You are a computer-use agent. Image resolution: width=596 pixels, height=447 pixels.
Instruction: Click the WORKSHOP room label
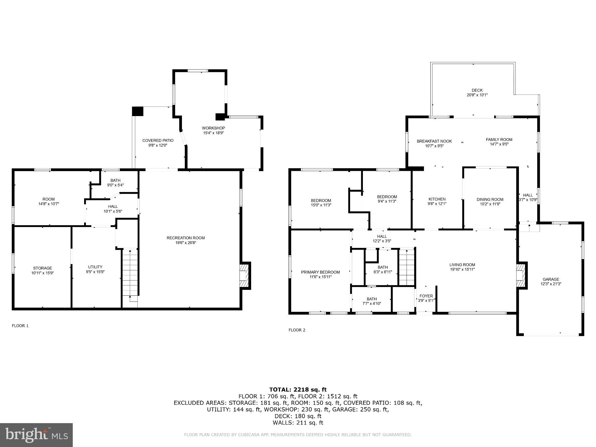click(213, 128)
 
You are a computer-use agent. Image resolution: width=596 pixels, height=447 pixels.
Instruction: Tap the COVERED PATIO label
click(158, 141)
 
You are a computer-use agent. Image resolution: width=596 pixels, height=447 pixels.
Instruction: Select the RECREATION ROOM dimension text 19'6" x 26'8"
click(186, 243)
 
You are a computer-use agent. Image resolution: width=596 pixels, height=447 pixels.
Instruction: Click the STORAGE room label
click(42, 268)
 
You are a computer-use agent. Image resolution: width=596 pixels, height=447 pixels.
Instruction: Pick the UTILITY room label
click(95, 267)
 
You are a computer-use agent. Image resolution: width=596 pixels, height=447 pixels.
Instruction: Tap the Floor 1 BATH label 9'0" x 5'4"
click(115, 182)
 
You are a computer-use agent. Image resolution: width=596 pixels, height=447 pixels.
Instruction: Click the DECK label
click(477, 90)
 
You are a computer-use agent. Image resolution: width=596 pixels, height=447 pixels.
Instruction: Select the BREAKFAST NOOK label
click(434, 141)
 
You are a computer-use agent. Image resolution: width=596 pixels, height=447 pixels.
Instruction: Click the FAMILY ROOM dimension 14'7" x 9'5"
click(499, 144)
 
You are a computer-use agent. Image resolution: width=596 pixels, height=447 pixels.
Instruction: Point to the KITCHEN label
click(437, 199)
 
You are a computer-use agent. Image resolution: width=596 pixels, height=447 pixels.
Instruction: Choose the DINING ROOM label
click(490, 199)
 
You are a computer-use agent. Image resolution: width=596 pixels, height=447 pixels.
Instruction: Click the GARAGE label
click(551, 279)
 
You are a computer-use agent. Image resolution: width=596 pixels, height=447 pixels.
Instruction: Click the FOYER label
click(426, 296)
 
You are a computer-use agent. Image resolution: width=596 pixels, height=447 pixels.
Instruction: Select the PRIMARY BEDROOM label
click(320, 272)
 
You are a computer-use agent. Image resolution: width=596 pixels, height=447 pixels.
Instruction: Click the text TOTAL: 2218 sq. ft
click(298, 389)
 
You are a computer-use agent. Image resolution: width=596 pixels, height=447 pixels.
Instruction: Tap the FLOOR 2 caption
click(297, 330)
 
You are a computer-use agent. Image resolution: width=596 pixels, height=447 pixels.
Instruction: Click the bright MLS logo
click(36, 435)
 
